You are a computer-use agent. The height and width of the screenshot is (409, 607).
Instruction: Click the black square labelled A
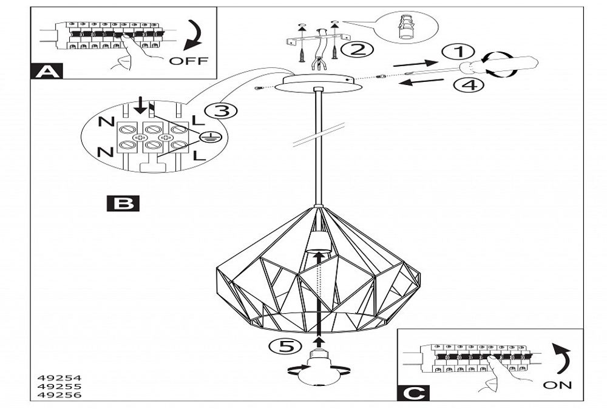tap(46, 72)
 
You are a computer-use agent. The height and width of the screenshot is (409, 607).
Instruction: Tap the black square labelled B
tap(123, 203)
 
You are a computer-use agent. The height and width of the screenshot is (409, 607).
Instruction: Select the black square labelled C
tap(413, 393)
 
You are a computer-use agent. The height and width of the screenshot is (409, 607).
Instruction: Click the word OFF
tap(188, 61)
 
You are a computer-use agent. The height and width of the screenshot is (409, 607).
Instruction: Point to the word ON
tap(558, 385)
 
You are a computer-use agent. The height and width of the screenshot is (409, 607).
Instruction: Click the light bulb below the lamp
tap(318, 370)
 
